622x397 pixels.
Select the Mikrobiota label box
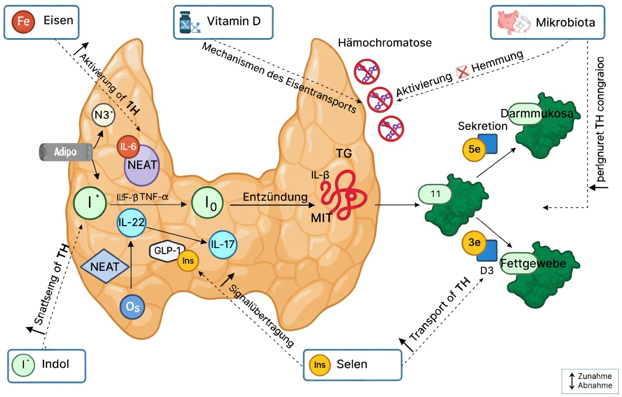(548, 22)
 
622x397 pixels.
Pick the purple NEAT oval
(142, 165)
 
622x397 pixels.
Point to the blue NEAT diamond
(105, 266)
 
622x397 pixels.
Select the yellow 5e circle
(473, 149)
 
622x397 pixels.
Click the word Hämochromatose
(384, 43)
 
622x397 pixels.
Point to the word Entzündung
(276, 197)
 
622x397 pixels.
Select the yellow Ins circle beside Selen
(319, 364)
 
